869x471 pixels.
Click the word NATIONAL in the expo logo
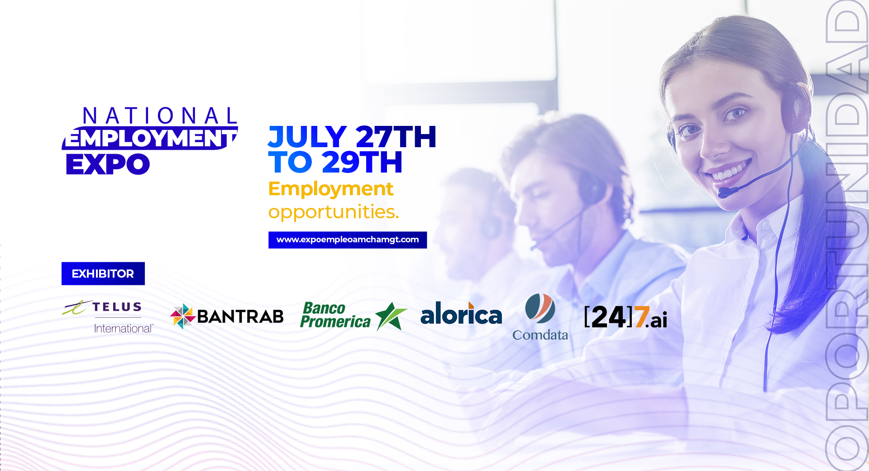tap(160, 116)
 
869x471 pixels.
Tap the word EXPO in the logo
tap(108, 164)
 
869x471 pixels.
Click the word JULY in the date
tap(307, 137)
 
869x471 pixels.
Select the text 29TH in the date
tap(362, 162)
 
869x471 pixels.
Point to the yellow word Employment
tap(331, 189)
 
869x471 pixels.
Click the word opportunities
tap(334, 212)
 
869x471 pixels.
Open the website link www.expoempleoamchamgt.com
tap(348, 240)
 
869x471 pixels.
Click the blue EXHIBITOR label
tap(103, 274)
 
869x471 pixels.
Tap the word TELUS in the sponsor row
tap(117, 307)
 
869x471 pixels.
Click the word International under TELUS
tap(124, 328)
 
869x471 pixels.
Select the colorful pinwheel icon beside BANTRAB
tap(183, 316)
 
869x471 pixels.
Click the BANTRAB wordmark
tap(240, 317)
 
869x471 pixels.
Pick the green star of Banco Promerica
tap(390, 316)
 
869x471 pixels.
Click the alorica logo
tap(461, 313)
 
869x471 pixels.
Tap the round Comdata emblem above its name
tap(540, 308)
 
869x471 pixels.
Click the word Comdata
tap(540, 335)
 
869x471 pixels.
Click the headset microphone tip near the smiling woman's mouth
tap(723, 192)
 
